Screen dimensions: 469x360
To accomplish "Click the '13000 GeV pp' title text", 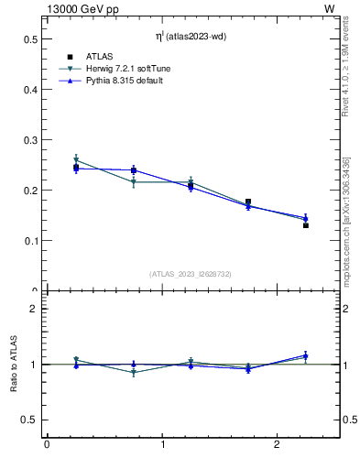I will point(80,8).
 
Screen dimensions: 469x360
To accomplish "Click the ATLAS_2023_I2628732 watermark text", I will point(191,274).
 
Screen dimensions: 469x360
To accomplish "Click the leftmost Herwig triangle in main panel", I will point(76,160).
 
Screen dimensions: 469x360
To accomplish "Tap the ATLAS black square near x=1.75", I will point(248,202).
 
